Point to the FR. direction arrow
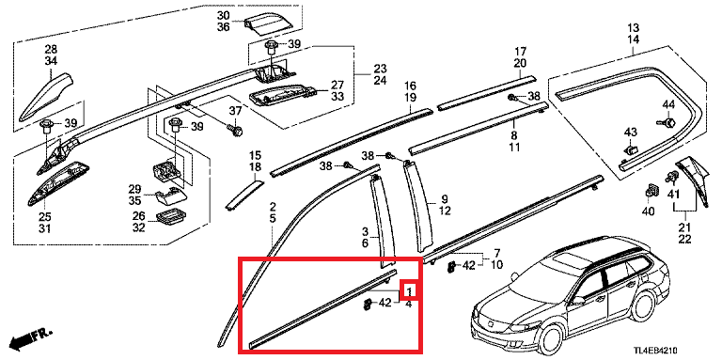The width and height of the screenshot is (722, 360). point(31,338)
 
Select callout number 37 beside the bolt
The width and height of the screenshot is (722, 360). point(235,111)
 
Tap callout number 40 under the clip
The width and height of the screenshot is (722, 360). point(648,211)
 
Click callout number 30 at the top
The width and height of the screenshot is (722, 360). point(224,16)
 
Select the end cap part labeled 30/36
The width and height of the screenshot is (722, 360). point(268,23)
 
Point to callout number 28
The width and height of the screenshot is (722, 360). point(51,49)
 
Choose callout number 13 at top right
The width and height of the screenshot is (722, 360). point(633,27)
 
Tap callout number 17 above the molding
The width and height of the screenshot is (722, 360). point(520,51)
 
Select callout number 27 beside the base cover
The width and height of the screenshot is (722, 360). point(337,86)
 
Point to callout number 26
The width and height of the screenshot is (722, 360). point(139,215)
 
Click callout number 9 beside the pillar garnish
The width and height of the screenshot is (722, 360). point(445,199)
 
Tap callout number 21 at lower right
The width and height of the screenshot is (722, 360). point(684,227)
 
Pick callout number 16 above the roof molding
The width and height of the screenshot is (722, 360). point(410,86)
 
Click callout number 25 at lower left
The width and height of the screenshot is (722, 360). point(45,217)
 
